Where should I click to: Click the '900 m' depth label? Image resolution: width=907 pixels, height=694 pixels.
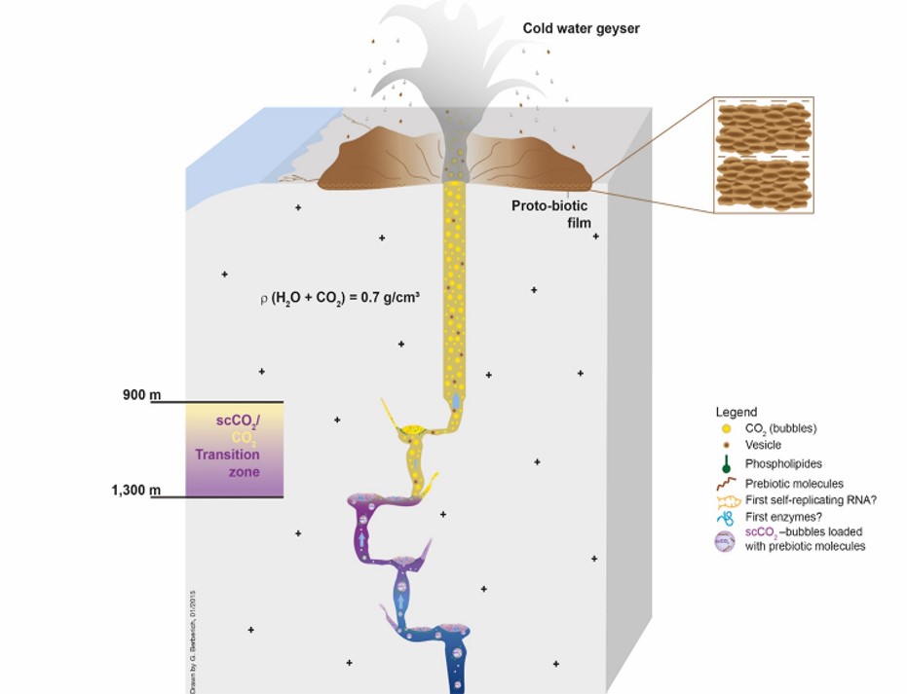pos(142,395)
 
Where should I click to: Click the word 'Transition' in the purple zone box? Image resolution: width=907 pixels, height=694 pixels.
pos(226,455)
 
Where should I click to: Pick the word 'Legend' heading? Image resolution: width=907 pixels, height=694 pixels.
pos(736,412)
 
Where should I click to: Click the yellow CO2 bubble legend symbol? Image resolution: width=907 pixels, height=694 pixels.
pos(726,428)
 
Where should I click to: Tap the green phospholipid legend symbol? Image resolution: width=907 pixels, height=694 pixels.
pos(726,463)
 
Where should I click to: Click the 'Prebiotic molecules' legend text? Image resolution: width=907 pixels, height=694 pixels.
pos(795,483)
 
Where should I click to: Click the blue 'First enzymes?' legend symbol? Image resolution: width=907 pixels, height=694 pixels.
pos(726,518)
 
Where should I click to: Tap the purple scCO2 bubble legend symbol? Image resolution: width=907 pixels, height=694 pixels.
pos(727,540)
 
